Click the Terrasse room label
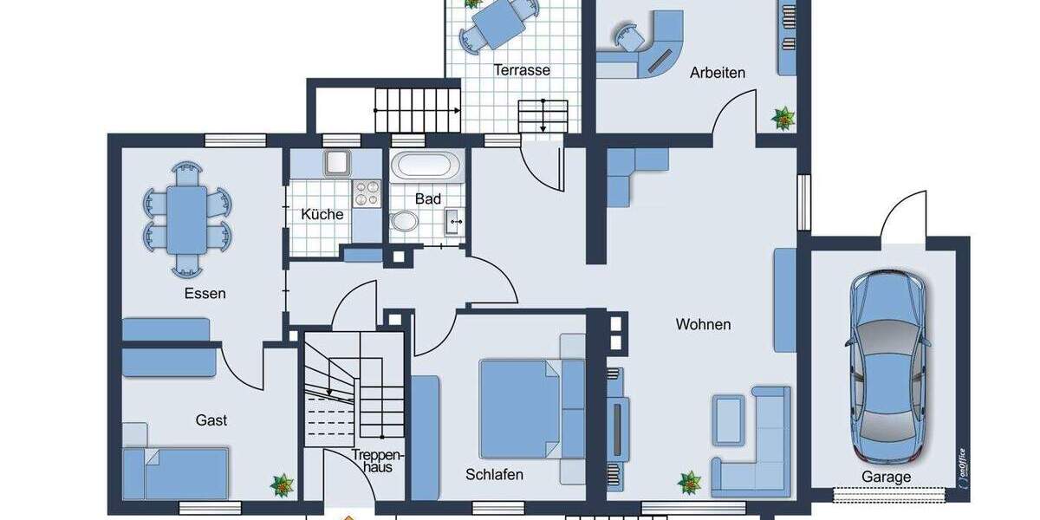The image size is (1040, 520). tap(522, 69)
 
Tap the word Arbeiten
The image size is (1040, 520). tap(717, 73)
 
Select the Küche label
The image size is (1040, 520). tap(322, 214)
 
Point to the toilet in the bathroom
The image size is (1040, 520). tap(403, 221)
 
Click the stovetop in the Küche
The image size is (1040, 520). tap(367, 193)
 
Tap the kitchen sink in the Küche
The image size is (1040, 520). tap(336, 161)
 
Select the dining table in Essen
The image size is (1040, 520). tap(187, 218)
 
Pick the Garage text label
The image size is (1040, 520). tap(886, 477)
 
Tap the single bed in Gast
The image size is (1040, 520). tap(176, 472)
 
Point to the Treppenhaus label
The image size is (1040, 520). tap(378, 460)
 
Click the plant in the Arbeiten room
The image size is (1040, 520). tap(783, 118)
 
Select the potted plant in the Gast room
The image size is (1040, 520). tap(283, 485)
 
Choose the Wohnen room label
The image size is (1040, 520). tap(703, 325)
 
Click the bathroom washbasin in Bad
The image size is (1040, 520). tap(454, 222)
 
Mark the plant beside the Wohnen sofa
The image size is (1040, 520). tap(690, 482)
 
